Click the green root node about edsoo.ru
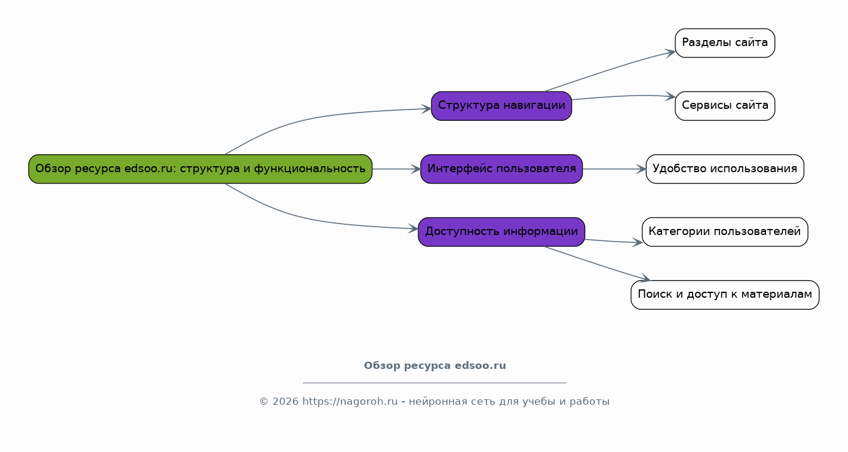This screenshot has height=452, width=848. click(200, 169)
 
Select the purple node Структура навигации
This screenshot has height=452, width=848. click(501, 106)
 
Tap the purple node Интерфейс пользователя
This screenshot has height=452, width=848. click(501, 169)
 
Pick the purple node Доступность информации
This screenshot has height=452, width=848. click(501, 232)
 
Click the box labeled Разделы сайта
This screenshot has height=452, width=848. click(725, 43)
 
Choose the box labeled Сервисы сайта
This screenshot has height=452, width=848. click(725, 106)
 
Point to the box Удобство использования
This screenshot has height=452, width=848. click(725, 169)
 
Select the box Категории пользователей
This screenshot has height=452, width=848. click(725, 232)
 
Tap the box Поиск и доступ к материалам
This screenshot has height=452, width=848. click(725, 295)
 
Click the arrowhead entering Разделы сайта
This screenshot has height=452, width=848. click(671, 53)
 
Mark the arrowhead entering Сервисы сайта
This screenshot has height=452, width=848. click(671, 96)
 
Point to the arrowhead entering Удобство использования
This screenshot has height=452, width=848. click(642, 169)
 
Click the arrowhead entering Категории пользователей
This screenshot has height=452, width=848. click(638, 243)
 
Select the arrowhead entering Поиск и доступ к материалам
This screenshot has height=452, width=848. click(646, 279)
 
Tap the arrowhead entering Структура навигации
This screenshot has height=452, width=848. click(427, 109)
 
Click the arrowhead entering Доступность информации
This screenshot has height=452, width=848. click(414, 228)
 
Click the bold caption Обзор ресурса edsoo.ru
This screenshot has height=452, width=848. click(434, 366)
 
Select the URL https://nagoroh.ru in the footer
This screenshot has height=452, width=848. click(350, 402)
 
